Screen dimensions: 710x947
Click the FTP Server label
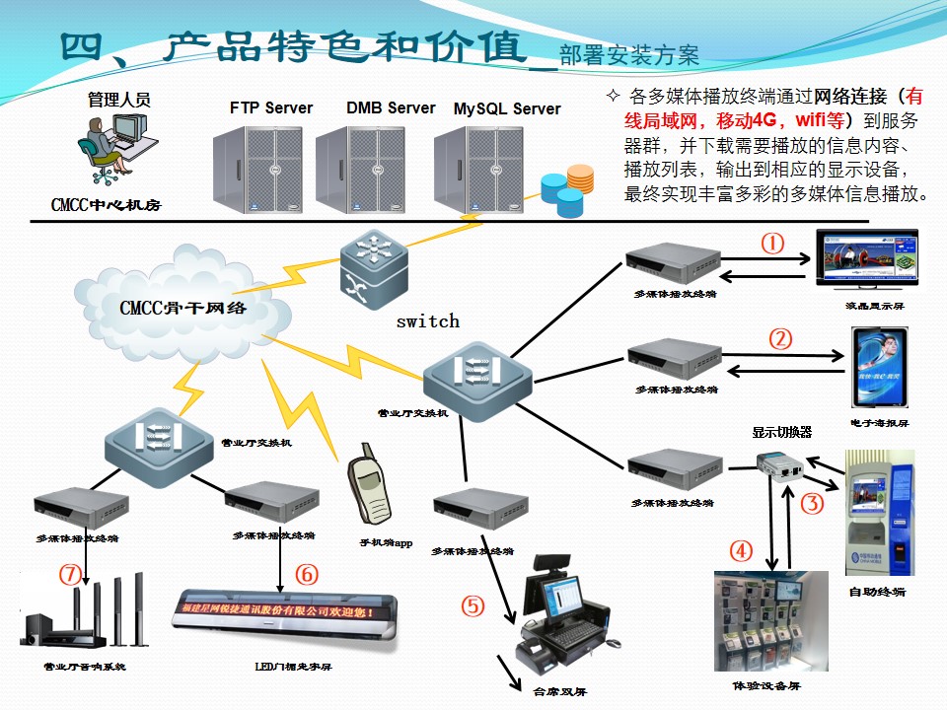coord(271,107)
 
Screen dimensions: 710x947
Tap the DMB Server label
coord(391,107)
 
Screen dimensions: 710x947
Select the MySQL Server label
coord(507,108)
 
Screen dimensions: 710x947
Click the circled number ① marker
coord(772,243)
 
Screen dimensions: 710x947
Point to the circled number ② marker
coord(779,339)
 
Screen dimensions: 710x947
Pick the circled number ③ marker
coord(812,504)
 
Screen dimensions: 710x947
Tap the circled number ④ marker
coord(741,550)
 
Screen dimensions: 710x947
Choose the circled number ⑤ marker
coord(473,605)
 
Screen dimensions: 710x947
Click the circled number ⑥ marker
coord(307,573)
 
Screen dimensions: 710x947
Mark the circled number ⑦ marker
coord(67,573)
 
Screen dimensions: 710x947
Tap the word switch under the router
coord(427,320)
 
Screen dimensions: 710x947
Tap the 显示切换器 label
coord(781,432)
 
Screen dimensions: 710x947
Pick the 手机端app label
coord(385,542)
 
